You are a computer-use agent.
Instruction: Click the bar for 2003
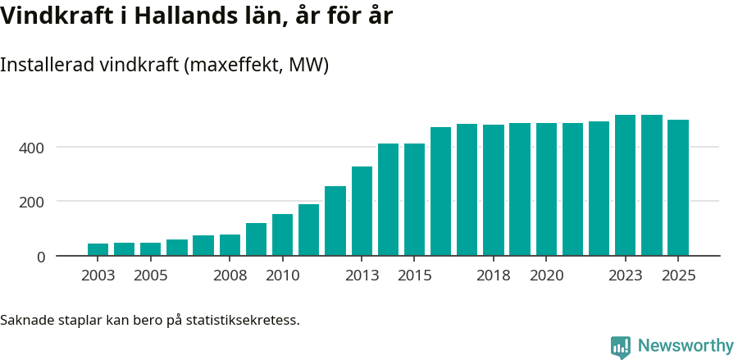[x=98, y=249]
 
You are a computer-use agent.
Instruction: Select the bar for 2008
[x=230, y=245]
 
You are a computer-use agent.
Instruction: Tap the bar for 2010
[x=282, y=235]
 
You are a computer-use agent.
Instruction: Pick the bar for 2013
[x=362, y=211]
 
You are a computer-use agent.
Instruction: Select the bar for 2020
[x=546, y=189]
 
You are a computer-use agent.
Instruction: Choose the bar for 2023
[x=625, y=185]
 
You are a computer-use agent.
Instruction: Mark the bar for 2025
[x=678, y=188]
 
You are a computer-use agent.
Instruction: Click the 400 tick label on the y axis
[x=33, y=148]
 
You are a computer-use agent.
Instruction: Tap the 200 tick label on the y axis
[x=33, y=202]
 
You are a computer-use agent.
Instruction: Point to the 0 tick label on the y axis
[x=40, y=257]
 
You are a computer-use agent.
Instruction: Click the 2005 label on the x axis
[x=151, y=276]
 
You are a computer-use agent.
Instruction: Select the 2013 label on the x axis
[x=362, y=276]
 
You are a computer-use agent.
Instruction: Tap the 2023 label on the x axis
[x=625, y=276]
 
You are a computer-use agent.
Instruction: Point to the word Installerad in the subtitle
[x=47, y=65]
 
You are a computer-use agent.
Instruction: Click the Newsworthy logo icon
[x=621, y=346]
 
